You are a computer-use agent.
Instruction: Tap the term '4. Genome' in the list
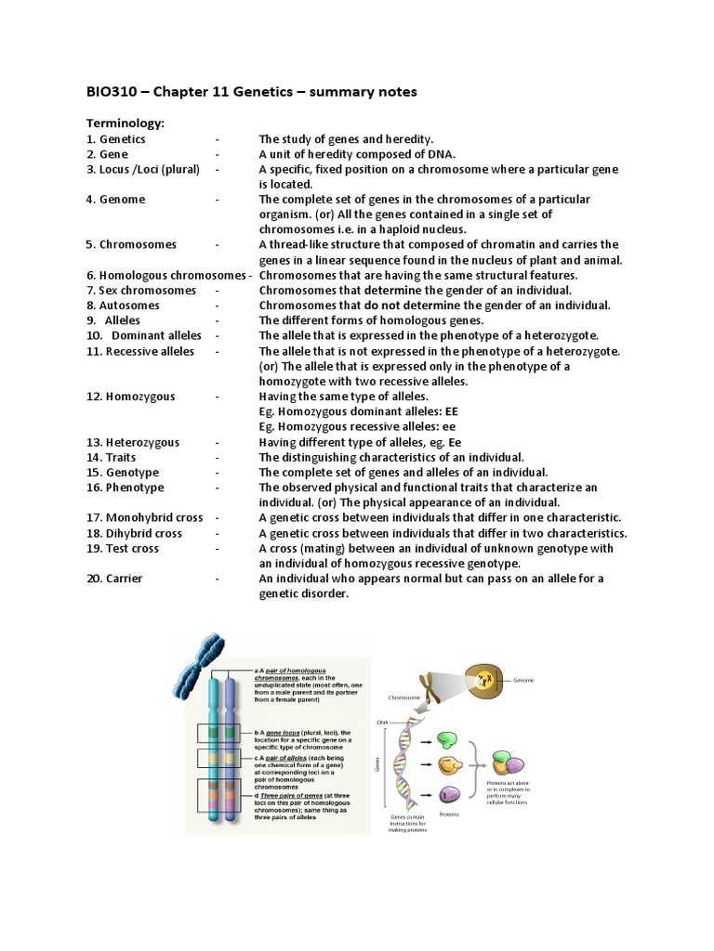tap(116, 199)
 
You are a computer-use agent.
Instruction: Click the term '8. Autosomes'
tap(124, 305)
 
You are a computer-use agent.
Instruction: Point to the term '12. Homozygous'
tap(131, 396)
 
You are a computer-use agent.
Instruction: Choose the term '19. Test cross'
tap(124, 548)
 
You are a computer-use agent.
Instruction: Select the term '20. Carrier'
tap(118, 579)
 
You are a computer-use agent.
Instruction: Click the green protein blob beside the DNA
tap(448, 739)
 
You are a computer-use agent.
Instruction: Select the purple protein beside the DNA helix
tap(449, 794)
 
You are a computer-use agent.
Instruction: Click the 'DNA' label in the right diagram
tap(382, 722)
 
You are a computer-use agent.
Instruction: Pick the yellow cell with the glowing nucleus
tap(486, 682)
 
